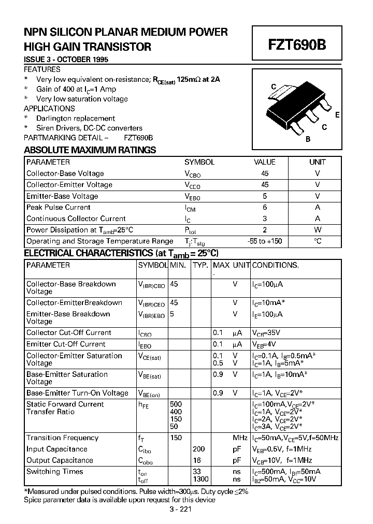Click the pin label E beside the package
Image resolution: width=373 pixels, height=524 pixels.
click(x=337, y=115)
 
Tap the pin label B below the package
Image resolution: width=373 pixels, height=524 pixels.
click(x=308, y=139)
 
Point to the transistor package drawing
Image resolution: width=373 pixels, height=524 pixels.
click(x=297, y=109)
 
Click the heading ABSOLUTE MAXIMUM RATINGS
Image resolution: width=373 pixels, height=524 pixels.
click(x=90, y=150)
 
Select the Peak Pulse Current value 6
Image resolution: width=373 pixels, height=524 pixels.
click(x=265, y=207)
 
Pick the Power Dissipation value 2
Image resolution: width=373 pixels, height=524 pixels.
click(x=265, y=230)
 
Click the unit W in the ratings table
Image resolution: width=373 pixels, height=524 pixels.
click(x=318, y=230)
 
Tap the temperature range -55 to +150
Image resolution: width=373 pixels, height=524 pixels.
click(x=264, y=241)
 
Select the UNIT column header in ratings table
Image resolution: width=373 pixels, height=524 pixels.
click(x=318, y=162)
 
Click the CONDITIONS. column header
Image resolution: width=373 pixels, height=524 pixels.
click(x=276, y=265)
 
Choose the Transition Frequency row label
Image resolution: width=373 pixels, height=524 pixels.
click(x=62, y=438)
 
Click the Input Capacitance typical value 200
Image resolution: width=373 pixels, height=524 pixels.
click(x=199, y=449)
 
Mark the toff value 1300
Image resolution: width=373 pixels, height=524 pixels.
click(x=200, y=479)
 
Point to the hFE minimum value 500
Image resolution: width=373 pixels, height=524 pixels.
click(x=177, y=404)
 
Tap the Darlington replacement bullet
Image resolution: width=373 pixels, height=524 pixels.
click(x=76, y=118)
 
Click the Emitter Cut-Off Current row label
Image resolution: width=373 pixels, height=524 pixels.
click(x=66, y=344)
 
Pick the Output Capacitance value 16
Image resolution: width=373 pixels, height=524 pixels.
click(x=197, y=460)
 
